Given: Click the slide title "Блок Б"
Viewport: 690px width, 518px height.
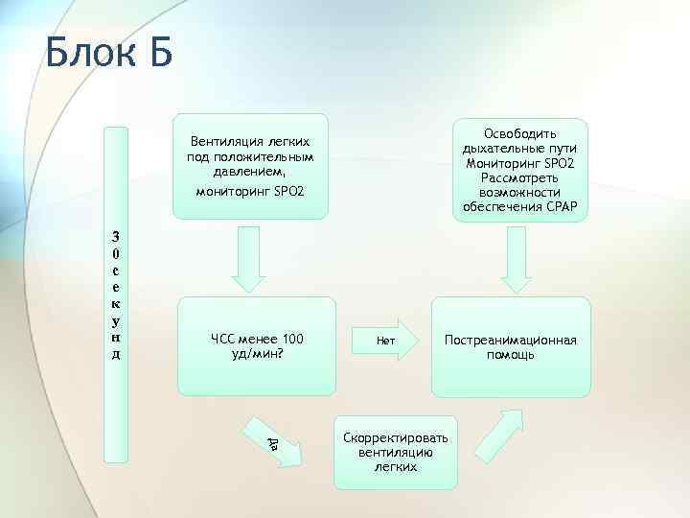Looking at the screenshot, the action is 108,53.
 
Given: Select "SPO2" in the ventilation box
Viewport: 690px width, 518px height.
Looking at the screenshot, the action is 285,192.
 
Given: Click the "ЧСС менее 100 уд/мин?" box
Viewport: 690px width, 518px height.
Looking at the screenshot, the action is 257,346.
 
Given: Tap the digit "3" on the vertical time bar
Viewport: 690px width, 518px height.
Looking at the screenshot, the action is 116,236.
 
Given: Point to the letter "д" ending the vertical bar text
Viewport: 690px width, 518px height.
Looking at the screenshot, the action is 116,355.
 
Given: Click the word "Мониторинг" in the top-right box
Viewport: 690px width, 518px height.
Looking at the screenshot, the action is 500,163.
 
